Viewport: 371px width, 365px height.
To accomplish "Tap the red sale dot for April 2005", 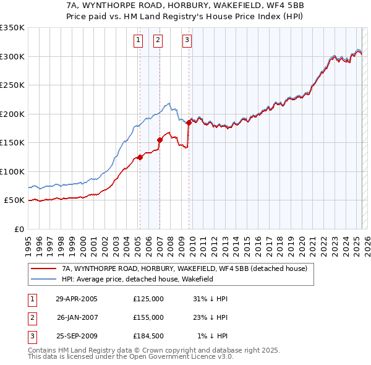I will pyautogui.click(x=140, y=157).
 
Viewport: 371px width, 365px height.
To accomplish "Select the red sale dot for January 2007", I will pyautogui.click(x=160, y=140).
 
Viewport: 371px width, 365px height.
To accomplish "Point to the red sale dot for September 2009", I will pyautogui.click(x=189, y=123).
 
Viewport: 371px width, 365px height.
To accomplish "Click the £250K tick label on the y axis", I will pyautogui.click(x=12, y=85).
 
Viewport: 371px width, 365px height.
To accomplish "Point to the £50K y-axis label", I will pyautogui.click(x=14, y=200).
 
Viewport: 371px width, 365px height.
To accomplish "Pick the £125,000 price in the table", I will pyautogui.click(x=148, y=298).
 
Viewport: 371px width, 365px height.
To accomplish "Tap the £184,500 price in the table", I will pyautogui.click(x=148, y=337).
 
